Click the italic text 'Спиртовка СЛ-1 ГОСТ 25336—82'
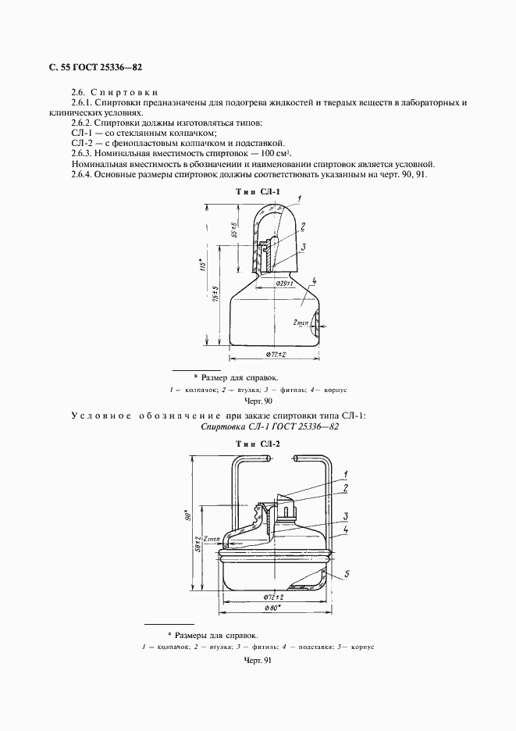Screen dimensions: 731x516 pyautogui.click(x=269, y=427)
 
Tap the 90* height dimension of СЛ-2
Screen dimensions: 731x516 pyautogui.click(x=188, y=518)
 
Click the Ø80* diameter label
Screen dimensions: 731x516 pyautogui.click(x=272, y=608)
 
